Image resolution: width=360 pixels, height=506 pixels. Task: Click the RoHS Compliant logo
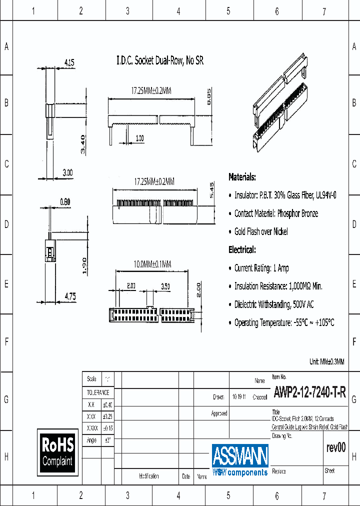(57, 451)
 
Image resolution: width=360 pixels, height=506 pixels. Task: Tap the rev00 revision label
(336, 448)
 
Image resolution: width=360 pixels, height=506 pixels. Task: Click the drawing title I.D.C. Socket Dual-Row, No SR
(160, 61)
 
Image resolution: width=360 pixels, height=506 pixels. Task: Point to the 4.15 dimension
(69, 63)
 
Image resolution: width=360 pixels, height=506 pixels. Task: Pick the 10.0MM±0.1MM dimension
(152, 264)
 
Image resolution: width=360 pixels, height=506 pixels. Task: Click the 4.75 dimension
(70, 296)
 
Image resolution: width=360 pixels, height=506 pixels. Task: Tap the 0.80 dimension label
(65, 202)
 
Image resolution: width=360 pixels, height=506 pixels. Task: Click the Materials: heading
(242, 177)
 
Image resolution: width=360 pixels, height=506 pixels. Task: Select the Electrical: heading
(242, 249)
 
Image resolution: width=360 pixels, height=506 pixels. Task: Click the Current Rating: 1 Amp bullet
(261, 268)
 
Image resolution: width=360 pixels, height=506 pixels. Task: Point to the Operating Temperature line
(283, 322)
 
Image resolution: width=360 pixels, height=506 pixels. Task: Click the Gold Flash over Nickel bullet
(260, 231)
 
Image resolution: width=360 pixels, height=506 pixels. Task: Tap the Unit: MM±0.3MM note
(327, 361)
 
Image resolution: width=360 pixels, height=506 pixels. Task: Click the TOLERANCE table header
(98, 392)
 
